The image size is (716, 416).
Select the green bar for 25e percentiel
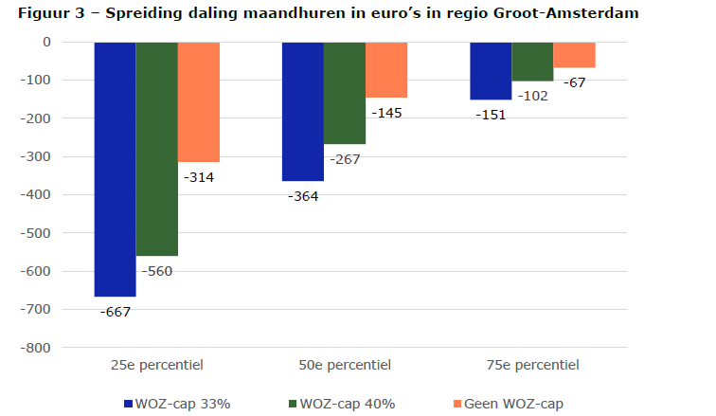[x=156, y=149]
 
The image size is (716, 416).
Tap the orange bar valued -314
[x=198, y=102]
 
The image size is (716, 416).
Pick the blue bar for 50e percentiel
[x=302, y=112]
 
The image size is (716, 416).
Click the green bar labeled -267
[x=345, y=93]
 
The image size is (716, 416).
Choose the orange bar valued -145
[x=386, y=70]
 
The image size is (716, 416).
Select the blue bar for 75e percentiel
[x=491, y=71]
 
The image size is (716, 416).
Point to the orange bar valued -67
[x=574, y=55]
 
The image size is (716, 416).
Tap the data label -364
[x=302, y=196]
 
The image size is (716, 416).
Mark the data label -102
[x=532, y=96]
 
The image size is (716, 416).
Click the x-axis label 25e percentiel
[x=156, y=365]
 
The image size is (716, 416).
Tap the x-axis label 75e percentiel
[x=532, y=365]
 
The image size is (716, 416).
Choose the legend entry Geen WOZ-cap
[x=515, y=404]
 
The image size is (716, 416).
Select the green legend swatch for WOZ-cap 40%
[x=290, y=404]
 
